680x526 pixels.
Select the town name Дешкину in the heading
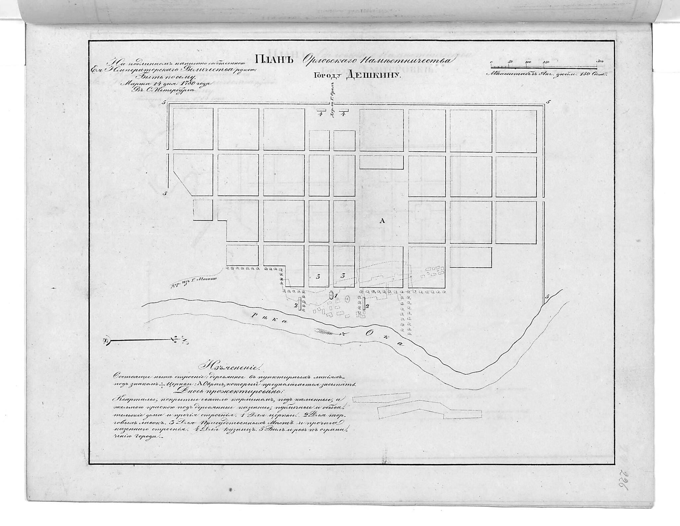click(x=374, y=75)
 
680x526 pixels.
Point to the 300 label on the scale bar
click(x=599, y=62)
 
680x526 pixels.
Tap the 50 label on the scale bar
click(x=510, y=62)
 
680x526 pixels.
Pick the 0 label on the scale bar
click(x=491, y=62)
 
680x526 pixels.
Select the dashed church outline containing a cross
click(x=347, y=299)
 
